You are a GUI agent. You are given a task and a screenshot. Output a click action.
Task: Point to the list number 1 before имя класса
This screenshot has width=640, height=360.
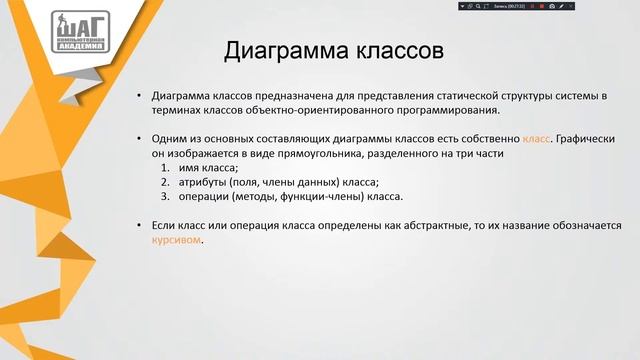tap(164, 169)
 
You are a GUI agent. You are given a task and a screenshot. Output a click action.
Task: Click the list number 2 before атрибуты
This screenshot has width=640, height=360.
tap(164, 183)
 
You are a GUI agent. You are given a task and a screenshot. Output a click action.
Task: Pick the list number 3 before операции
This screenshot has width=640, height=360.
tap(164, 197)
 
